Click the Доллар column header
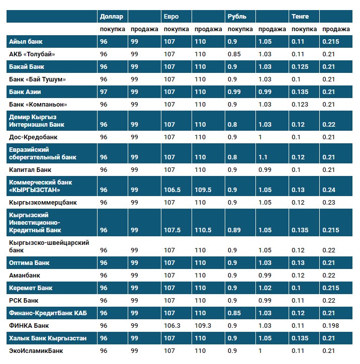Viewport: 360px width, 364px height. point(111,17)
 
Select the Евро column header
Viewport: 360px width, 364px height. point(171,17)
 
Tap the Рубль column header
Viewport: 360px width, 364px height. point(237,17)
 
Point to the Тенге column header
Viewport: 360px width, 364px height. point(300,17)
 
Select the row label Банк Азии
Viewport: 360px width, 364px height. point(25,92)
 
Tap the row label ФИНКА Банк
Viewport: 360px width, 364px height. point(29,326)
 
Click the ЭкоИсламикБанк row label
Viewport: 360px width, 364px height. point(36,351)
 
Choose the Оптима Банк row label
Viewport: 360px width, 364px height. point(29,263)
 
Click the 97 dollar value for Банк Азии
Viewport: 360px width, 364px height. point(104,92)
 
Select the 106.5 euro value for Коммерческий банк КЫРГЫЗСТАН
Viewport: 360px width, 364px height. point(172,190)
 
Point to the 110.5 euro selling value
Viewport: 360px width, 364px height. point(202,230)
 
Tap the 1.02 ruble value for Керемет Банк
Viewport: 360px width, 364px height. point(264,288)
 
